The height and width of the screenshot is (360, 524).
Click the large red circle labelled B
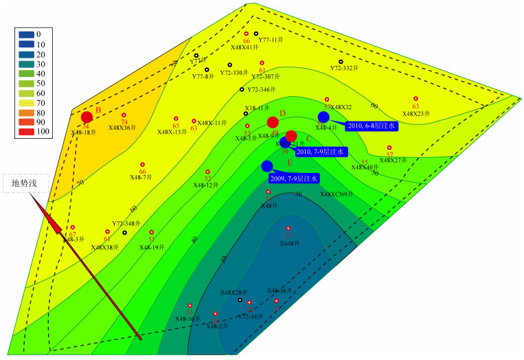pyautogui.click(x=87, y=117)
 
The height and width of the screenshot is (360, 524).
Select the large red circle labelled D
pyautogui.click(x=273, y=122)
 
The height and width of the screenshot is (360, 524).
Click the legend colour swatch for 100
pyautogui.click(x=25, y=131)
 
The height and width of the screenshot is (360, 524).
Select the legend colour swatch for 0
pyautogui.click(x=25, y=34)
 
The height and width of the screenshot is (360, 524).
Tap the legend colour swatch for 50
pyautogui.click(x=25, y=82)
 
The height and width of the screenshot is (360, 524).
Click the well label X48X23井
pyautogui.click(x=415, y=113)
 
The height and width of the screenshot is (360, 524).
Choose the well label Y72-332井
pyautogui.click(x=345, y=69)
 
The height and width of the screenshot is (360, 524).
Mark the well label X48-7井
pyautogui.click(x=141, y=177)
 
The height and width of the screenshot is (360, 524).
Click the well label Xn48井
pyautogui.click(x=290, y=243)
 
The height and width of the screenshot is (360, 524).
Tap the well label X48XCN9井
pyautogui.click(x=337, y=194)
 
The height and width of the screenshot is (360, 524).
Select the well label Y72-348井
pyautogui.click(x=126, y=224)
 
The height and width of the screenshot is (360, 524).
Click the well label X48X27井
pyautogui.click(x=393, y=160)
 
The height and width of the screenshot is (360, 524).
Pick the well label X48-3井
pyautogui.click(x=73, y=238)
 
